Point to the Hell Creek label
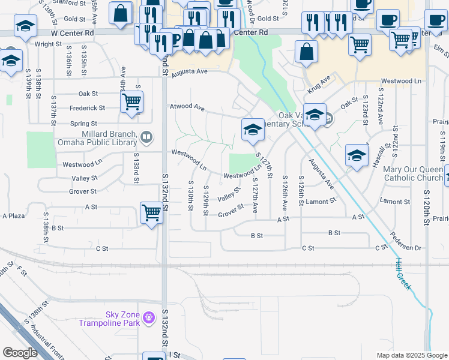click(x=403, y=274)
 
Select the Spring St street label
click(x=84, y=124)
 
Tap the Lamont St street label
click(x=319, y=202)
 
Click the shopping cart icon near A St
click(x=151, y=212)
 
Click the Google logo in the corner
click(x=20, y=353)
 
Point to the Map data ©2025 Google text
click(x=411, y=355)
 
